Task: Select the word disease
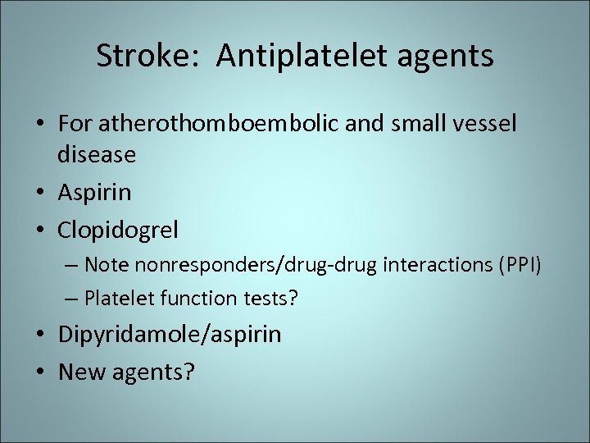click(97, 153)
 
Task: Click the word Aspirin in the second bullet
click(94, 193)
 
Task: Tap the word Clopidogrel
click(118, 231)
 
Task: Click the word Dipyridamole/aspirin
click(170, 335)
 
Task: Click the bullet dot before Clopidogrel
click(40, 231)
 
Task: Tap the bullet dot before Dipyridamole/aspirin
click(40, 335)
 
